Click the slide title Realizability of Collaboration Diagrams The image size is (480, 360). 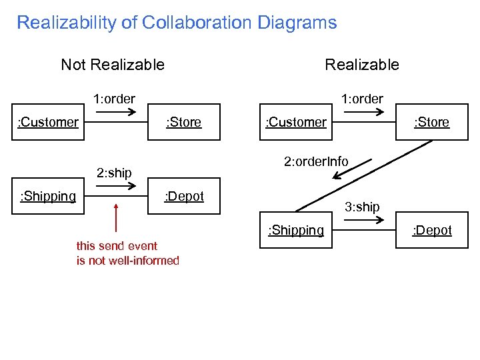pos(177,23)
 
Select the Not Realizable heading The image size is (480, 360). pos(113,65)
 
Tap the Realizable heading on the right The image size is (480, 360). pos(361,65)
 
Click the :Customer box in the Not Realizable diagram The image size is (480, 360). pos(48,122)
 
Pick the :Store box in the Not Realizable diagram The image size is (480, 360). pos(184,122)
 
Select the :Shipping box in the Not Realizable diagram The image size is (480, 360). pos(48,196)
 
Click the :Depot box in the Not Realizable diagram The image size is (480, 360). pos(184,196)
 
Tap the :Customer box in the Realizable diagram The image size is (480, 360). pos(296,122)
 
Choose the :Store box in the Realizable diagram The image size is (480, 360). pos(431,122)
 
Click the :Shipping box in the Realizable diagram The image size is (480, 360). pos(296,230)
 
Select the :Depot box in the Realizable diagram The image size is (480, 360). pos(431,230)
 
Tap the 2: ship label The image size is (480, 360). pos(114,173)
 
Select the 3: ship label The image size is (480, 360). pos(362,207)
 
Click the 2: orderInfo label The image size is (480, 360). pos(316,161)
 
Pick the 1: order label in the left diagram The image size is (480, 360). pos(114,99)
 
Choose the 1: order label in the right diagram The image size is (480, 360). pos(362,99)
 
